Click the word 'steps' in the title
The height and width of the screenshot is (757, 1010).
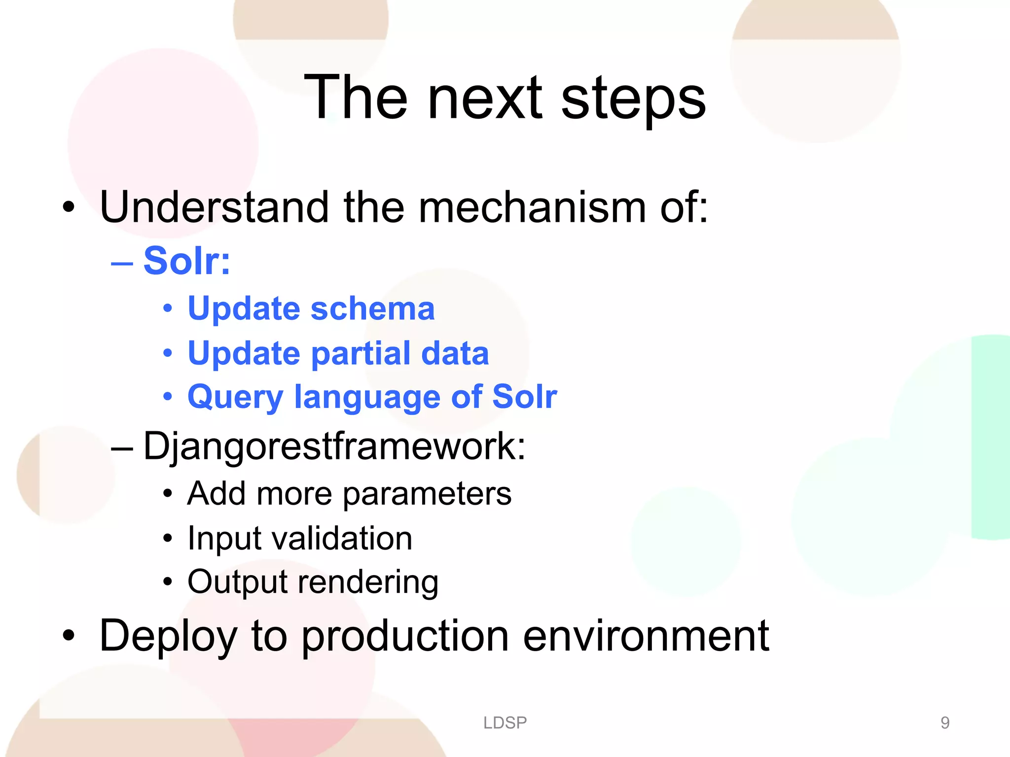pos(633,99)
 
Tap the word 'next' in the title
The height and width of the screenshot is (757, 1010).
pos(485,99)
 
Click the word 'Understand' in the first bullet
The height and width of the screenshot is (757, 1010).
pos(214,207)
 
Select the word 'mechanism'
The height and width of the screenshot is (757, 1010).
pos(532,207)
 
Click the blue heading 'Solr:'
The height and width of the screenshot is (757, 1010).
pos(187,261)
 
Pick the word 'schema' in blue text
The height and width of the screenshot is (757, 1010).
pos(372,309)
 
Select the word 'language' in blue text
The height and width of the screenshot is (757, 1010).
pos(367,397)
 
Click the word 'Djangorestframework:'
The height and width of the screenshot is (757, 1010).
pos(334,446)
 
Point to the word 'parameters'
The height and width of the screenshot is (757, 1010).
pos(427,494)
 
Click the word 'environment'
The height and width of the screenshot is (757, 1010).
pos(646,636)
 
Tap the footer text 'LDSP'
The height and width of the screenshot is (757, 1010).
pos(505,723)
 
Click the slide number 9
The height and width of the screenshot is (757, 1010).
pos(945,723)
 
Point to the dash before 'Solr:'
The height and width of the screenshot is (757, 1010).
pos(122,263)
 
